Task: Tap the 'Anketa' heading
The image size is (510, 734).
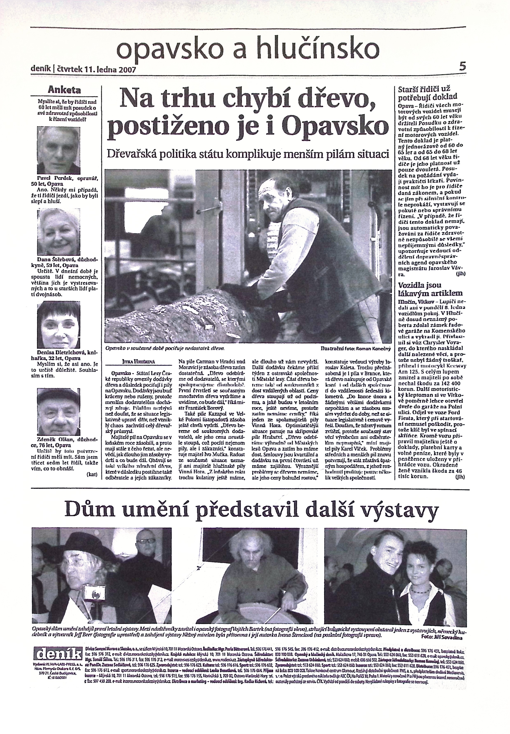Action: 64,90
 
